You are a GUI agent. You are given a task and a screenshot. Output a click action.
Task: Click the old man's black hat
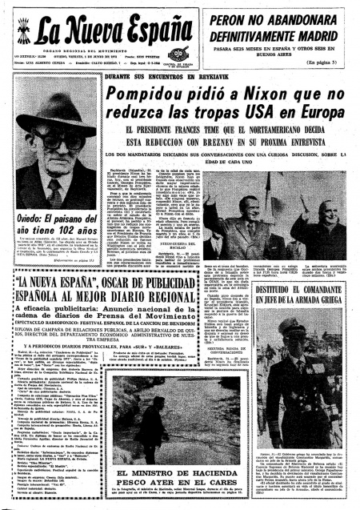[56, 113]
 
